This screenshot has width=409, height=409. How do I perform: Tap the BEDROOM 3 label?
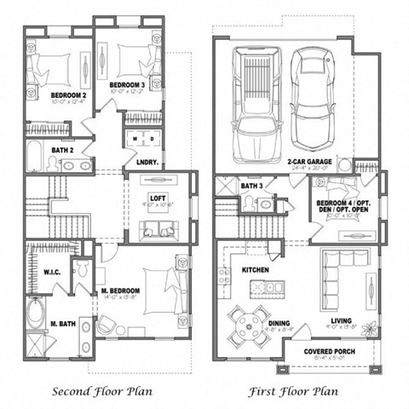(126, 86)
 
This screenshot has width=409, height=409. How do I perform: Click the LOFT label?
(157, 198)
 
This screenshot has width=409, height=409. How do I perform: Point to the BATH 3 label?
(251, 185)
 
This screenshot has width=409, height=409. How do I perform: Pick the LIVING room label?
(342, 321)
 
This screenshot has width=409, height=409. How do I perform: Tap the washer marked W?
(133, 137)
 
